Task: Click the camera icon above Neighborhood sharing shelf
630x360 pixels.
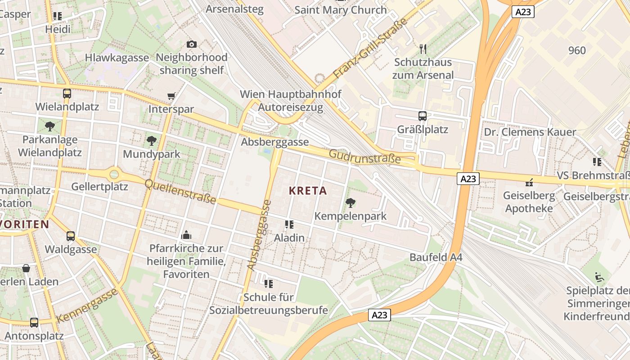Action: point(192,44)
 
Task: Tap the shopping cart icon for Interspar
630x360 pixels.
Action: point(171,96)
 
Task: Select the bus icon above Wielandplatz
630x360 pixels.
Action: point(67,94)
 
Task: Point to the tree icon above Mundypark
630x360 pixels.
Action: point(152,141)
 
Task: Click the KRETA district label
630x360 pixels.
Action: point(308,191)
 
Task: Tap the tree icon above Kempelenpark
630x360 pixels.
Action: point(350,203)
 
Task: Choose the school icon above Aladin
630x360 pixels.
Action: point(289,224)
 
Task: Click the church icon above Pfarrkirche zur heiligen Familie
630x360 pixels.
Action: point(186,235)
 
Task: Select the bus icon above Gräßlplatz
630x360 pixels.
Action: point(423,116)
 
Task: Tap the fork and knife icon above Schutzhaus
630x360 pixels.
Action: point(423,48)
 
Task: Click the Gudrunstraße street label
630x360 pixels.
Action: point(364,157)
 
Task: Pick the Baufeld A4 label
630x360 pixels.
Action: point(436,258)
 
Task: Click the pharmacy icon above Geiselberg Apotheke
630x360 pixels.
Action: point(529,183)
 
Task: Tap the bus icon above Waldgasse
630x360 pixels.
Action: point(71,236)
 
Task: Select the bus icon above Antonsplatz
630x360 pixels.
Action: point(34,322)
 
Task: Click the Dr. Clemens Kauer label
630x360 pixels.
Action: point(530,132)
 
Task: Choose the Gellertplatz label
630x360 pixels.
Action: point(100,186)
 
